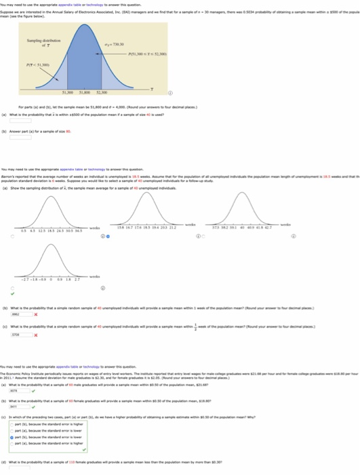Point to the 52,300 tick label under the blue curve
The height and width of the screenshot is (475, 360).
(102, 94)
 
